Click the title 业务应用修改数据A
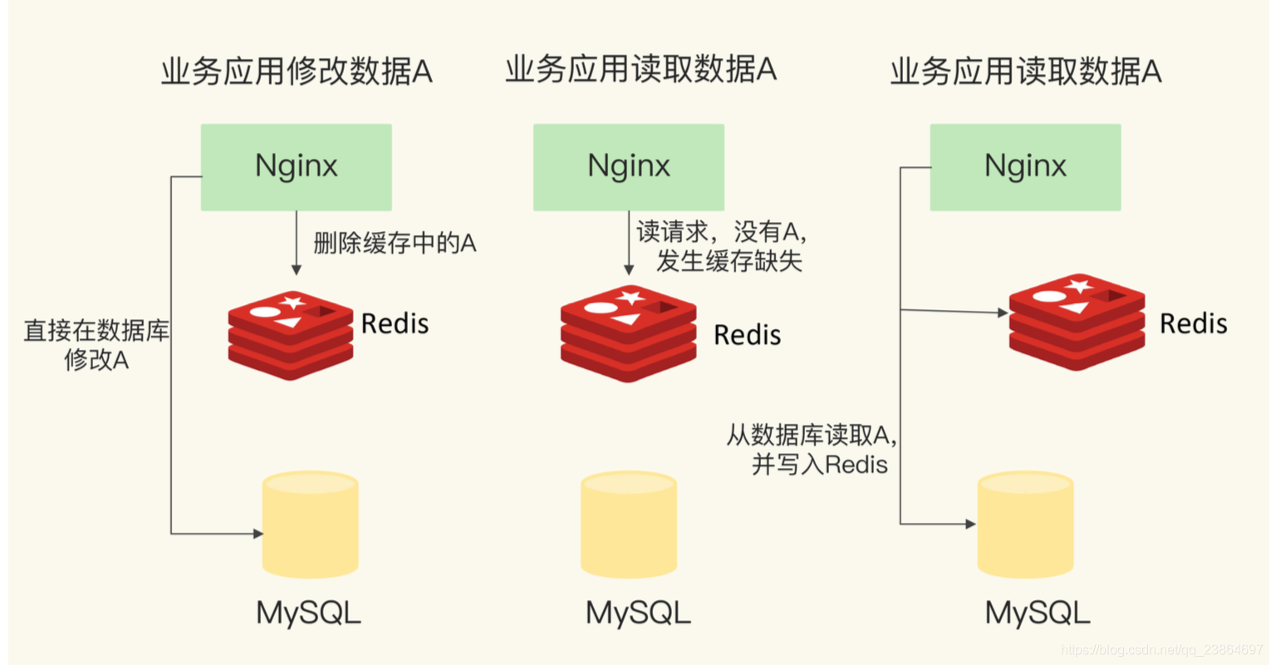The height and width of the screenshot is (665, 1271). pos(297,71)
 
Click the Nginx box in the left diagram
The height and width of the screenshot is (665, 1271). pos(296,166)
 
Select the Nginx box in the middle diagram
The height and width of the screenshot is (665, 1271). pos(628,166)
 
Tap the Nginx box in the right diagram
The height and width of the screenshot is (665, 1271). pos(1025,166)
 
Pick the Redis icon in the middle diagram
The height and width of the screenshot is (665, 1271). pos(628,333)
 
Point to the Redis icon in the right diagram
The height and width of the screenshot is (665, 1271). pos(1077,322)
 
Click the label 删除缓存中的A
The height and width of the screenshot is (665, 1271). pos(395,244)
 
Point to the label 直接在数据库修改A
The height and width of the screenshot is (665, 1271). pos(96,345)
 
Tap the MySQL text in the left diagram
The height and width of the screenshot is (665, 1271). pos(308,613)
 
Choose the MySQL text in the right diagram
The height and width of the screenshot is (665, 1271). pos(1037,613)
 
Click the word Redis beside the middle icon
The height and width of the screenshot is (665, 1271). pos(747,335)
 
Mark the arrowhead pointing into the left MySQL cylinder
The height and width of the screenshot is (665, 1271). pos(258,534)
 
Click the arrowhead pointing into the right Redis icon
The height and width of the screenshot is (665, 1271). pos(1004,313)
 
